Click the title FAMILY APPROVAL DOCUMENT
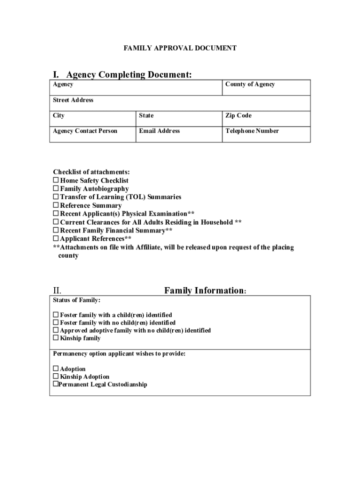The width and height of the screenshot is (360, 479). (x=180, y=48)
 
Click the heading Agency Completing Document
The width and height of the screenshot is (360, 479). (x=129, y=75)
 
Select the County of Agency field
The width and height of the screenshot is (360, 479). (x=265, y=88)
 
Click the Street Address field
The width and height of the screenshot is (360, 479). (x=180, y=103)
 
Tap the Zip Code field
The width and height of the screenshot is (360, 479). (x=265, y=119)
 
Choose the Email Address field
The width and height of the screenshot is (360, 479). (x=179, y=134)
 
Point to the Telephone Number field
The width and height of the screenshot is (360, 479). (x=265, y=134)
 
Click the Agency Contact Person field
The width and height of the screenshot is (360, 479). (x=93, y=134)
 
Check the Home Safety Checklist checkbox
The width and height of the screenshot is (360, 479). (x=56, y=181)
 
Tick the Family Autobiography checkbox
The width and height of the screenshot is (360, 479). (x=56, y=189)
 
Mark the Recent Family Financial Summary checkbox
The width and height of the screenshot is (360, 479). (x=56, y=231)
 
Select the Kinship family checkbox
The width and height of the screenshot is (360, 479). (x=56, y=338)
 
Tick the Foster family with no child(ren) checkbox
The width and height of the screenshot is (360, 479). (x=56, y=323)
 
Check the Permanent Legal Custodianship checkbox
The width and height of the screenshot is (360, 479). (x=56, y=385)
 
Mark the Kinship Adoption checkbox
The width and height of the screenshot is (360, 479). (x=56, y=377)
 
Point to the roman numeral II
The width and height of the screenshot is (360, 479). (x=57, y=290)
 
